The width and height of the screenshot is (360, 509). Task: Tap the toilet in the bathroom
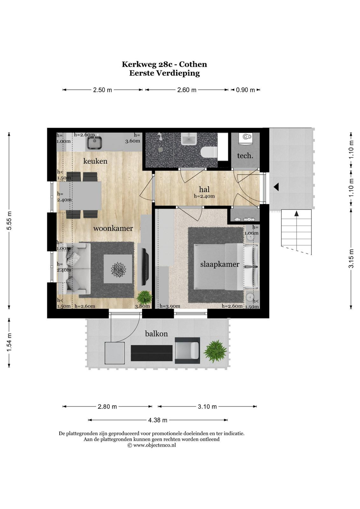[209, 151]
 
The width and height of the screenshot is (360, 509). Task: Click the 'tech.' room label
[245, 156]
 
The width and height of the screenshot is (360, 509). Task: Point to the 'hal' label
[204, 189]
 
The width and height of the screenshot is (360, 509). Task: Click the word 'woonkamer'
[113, 228]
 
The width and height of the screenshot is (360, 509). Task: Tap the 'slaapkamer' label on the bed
[220, 264]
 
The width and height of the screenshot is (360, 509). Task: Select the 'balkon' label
[156, 334]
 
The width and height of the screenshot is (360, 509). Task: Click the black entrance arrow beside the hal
[276, 187]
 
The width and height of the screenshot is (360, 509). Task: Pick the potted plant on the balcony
[215, 351]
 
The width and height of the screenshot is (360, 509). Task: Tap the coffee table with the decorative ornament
[118, 269]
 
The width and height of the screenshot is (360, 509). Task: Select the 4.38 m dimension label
[158, 420]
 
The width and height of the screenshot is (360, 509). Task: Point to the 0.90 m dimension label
[245, 90]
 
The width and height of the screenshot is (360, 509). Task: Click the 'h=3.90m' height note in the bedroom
[170, 306]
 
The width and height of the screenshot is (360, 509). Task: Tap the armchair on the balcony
[187, 350]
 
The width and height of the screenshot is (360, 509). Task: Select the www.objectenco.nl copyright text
[152, 445]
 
